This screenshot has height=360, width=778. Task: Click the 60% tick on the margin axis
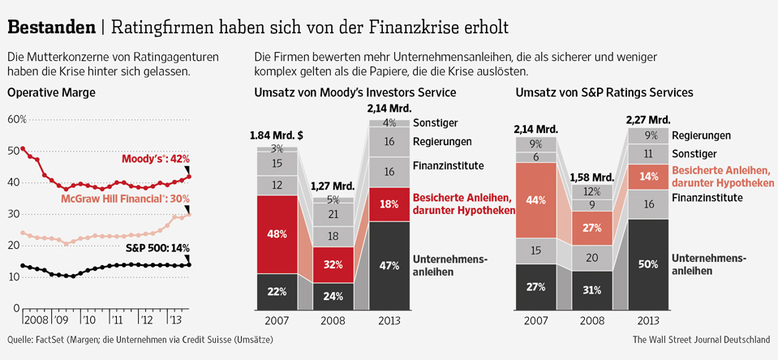[x=17, y=119]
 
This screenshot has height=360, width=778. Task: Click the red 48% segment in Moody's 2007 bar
[x=277, y=234]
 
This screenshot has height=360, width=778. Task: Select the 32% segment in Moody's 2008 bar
[x=333, y=265]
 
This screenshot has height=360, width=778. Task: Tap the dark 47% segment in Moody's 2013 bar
[x=389, y=265]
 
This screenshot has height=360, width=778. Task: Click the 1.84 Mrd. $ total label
[x=277, y=135]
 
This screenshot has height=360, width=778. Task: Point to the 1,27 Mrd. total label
[x=333, y=186]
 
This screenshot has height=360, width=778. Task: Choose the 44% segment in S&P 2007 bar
[x=535, y=200]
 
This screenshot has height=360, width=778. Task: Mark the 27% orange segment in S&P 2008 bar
[x=591, y=229]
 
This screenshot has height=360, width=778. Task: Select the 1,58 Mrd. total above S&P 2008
[x=591, y=177]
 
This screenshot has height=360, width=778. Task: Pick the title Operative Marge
[x=51, y=93]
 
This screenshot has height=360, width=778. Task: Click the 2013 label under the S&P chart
[x=649, y=320]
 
